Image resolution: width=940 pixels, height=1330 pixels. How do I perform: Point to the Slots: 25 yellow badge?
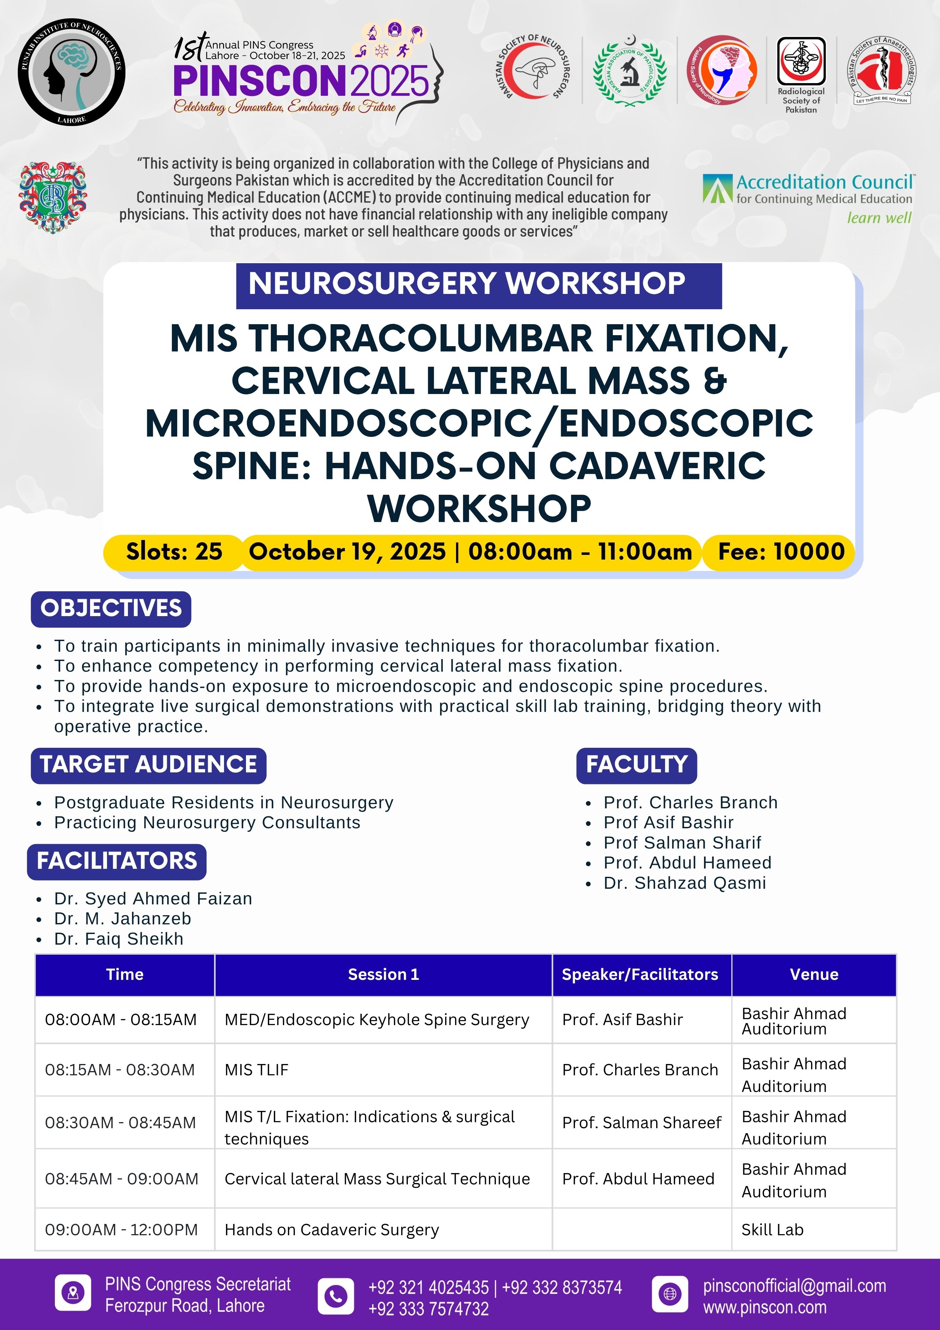174,552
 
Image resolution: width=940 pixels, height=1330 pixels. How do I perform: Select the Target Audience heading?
148,765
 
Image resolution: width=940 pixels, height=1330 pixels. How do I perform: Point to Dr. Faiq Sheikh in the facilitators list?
119,939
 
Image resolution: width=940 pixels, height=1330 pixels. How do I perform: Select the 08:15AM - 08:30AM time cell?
120,1070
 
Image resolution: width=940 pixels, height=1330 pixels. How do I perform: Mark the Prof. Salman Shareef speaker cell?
641,1123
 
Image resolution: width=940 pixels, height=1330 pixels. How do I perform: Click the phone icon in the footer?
336,1296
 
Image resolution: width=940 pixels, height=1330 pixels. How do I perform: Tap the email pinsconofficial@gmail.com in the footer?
794,1286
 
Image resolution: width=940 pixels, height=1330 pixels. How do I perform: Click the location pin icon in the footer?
73,1293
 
